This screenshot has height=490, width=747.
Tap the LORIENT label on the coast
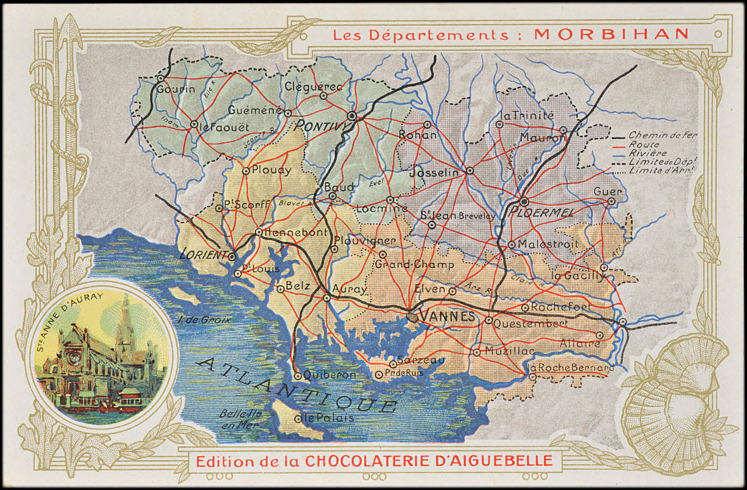coord(203,254)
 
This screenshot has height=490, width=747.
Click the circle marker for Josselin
coord(470,171)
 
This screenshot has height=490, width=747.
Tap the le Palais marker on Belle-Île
coord(298,419)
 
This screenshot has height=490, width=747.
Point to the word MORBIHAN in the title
coord(612,34)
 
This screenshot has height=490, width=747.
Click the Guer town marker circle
coord(611,201)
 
